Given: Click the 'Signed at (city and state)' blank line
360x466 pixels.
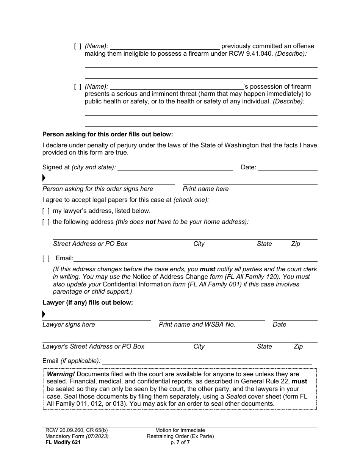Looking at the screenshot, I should [175, 167].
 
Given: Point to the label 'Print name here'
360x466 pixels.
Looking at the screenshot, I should [206, 189].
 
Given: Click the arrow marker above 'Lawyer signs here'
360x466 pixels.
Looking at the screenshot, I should [44, 314].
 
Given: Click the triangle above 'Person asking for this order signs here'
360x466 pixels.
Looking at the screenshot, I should [44, 178].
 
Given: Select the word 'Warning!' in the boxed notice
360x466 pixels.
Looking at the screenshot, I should [61, 374].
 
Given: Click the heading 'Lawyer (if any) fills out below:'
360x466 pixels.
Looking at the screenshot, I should [88, 303].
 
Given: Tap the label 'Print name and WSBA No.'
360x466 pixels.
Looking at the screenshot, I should [197, 324].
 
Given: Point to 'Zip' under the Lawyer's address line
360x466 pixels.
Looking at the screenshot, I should [298, 346].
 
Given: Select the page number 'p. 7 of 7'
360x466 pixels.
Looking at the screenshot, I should [180, 442].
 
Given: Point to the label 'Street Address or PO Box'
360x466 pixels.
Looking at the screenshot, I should [90, 244].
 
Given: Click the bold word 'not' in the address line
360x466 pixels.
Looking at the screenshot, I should [150, 222].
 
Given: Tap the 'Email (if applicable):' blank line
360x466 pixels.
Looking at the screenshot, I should [207, 361].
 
